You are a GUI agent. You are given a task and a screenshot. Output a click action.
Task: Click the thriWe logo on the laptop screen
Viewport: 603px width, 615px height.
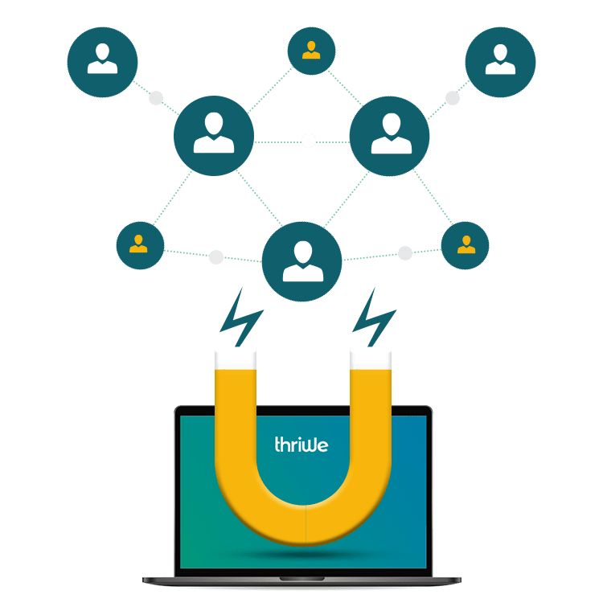click(x=301, y=444)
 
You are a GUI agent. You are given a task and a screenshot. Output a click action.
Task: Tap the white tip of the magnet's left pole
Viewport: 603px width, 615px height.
click(x=235, y=356)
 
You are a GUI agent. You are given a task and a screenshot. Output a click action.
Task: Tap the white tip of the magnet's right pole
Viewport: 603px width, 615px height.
click(x=371, y=356)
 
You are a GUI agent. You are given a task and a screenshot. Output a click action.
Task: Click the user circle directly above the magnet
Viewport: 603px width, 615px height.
click(x=302, y=262)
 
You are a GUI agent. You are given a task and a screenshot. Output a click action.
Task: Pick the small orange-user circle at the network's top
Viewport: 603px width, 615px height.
click(x=311, y=51)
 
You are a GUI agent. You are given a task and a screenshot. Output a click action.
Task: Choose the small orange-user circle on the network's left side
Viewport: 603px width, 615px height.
click(x=140, y=244)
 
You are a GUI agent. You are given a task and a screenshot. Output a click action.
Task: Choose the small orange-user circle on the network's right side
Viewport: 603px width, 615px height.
click(x=466, y=244)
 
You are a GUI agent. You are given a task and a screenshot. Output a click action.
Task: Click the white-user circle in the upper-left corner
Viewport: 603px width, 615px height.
click(x=102, y=63)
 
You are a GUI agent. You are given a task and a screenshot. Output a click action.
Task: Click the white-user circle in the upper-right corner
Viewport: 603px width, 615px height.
click(x=500, y=63)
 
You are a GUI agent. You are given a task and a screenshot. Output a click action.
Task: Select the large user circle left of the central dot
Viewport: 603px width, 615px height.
click(x=214, y=136)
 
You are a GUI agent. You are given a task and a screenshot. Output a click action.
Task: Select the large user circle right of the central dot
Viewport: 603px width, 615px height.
click(x=390, y=136)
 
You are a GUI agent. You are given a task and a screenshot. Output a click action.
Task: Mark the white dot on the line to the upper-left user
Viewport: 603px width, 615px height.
click(x=156, y=99)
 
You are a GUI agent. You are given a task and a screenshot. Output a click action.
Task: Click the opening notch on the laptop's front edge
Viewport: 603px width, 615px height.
click(x=302, y=579)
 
